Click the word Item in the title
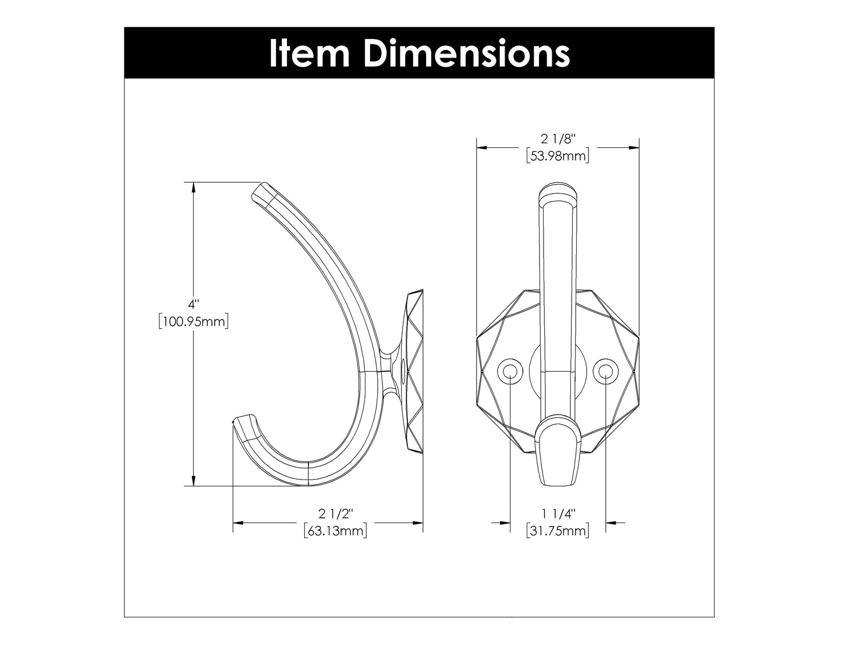click(309, 53)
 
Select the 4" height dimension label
click(193, 304)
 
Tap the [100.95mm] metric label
click(193, 321)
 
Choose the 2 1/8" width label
click(558, 138)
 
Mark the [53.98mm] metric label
click(558, 155)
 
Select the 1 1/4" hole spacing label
click(558, 514)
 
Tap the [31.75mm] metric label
click(558, 531)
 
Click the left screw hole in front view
click(510, 370)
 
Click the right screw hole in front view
click(605, 370)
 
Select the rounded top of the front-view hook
click(558, 195)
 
